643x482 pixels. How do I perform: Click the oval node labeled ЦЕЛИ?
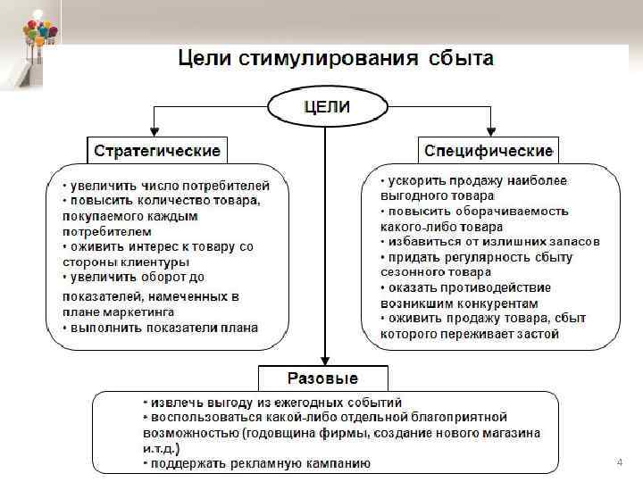point(327,108)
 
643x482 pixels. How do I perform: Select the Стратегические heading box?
point(156,149)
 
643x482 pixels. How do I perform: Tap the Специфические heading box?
point(489,149)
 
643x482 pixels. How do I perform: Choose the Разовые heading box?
point(322,378)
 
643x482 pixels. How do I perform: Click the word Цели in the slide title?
point(205,59)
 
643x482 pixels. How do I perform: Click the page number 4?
point(619,462)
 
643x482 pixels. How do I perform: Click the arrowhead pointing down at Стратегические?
point(155,130)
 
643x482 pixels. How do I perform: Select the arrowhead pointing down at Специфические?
point(489,130)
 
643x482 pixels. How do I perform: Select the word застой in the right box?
point(533,334)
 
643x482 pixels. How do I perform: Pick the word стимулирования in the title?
point(330,59)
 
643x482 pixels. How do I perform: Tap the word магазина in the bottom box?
point(513,433)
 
